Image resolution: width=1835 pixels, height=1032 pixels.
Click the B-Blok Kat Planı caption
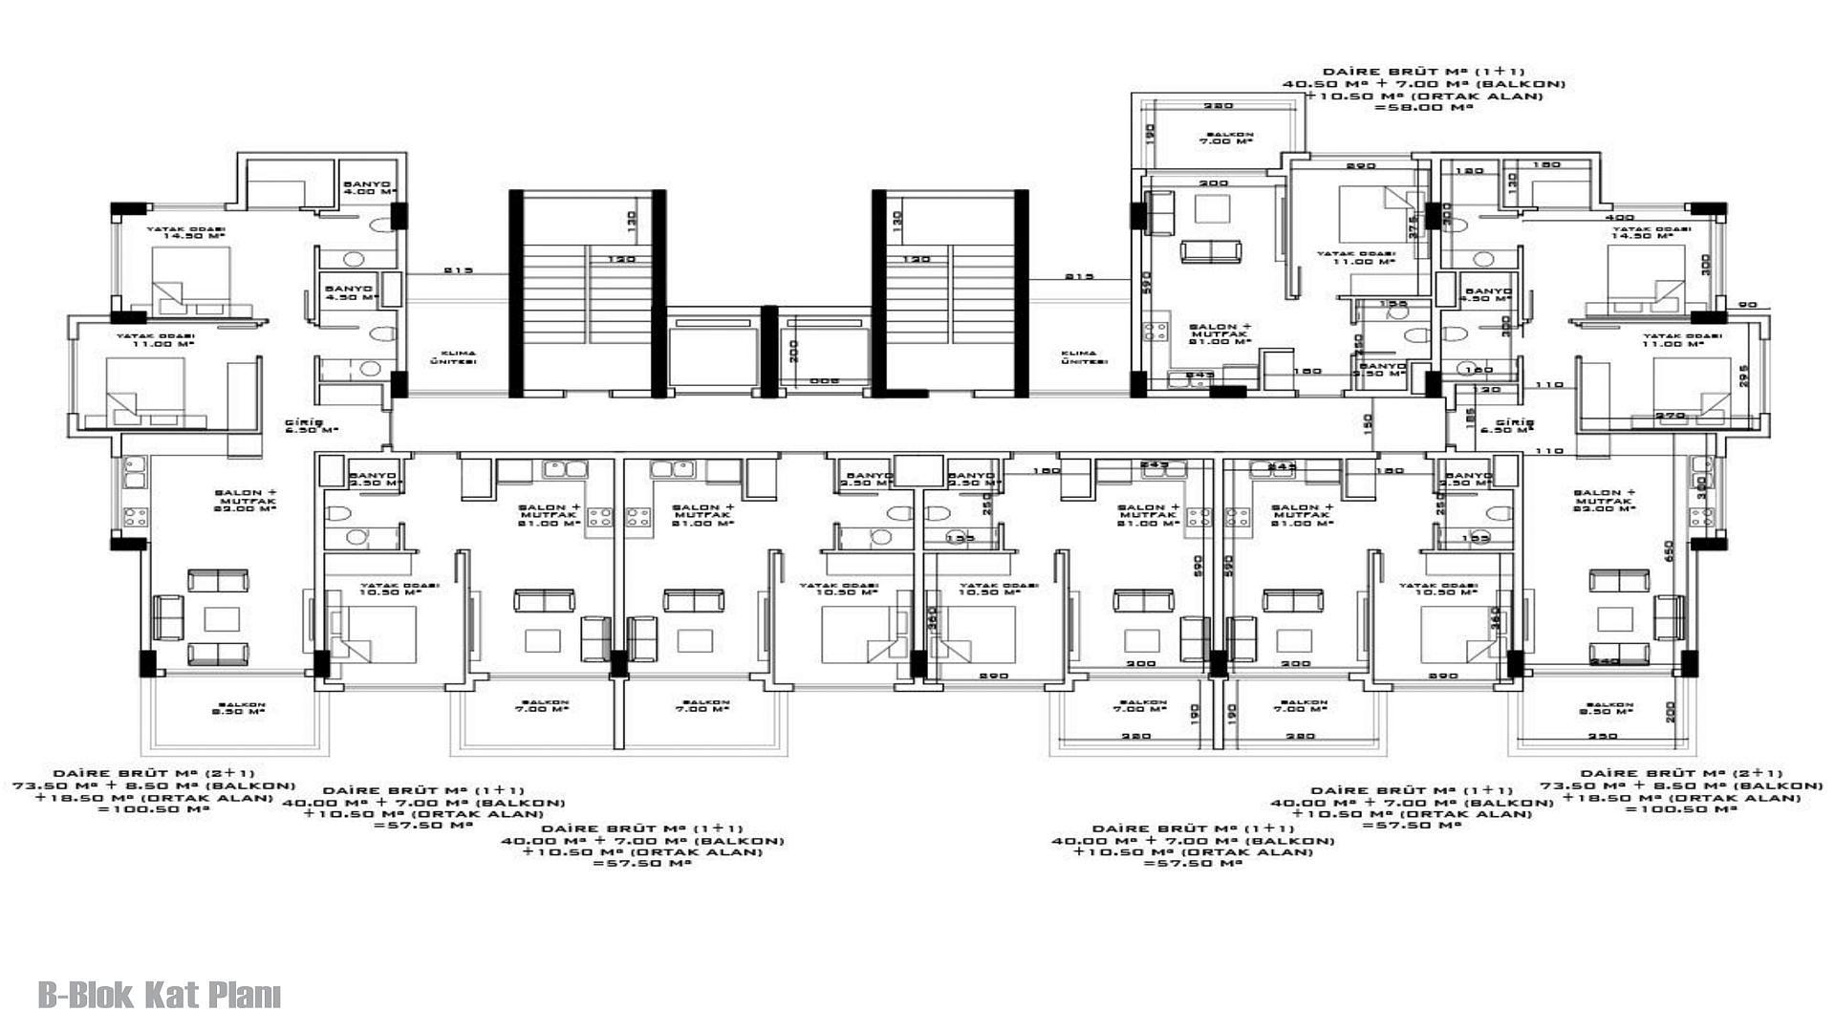tap(160, 996)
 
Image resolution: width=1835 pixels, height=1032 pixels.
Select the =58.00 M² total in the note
tap(1423, 108)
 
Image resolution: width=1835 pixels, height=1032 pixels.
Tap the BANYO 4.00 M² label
tap(368, 186)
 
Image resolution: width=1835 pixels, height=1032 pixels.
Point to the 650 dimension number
tap(1669, 551)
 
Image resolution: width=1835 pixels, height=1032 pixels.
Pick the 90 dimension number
tap(1748, 305)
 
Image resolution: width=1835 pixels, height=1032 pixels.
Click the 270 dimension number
tap(1670, 416)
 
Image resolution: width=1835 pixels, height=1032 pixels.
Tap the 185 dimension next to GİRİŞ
tap(1471, 418)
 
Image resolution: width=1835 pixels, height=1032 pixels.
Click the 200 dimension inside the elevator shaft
tap(792, 350)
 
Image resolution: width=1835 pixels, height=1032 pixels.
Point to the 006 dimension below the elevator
tap(824, 380)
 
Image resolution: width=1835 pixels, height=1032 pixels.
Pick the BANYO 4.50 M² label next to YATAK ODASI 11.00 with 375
tap(1487, 294)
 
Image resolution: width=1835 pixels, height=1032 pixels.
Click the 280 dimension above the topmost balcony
tap(1218, 106)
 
